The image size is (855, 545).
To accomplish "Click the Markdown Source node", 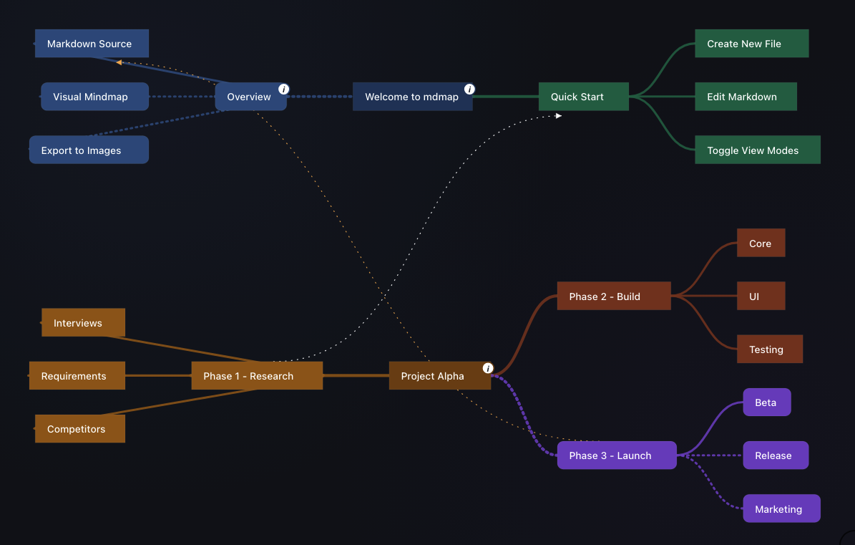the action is (x=92, y=44).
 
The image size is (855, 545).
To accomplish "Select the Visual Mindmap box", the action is (x=95, y=97).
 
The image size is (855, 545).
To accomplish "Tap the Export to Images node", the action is (x=89, y=150).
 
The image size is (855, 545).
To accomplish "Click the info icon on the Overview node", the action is (x=283, y=89).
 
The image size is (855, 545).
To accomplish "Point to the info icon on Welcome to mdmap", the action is (x=469, y=89).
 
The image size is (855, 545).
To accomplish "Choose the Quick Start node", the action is (x=583, y=97).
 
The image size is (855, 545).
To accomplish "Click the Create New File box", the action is (x=751, y=44).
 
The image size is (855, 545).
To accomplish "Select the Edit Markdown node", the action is (x=746, y=97).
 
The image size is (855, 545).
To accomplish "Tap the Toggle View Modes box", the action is (x=758, y=150).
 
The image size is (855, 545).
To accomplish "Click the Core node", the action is (x=761, y=243).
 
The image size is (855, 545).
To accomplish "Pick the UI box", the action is (x=761, y=296).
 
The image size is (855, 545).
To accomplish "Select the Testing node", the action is (x=769, y=349).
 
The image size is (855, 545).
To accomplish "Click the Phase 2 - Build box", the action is (x=614, y=296).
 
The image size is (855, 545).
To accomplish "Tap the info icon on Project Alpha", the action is (x=488, y=368).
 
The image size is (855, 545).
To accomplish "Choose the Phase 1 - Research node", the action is (x=257, y=376).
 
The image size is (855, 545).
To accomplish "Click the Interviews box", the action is (x=84, y=322).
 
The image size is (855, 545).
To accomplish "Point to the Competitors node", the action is (x=80, y=429).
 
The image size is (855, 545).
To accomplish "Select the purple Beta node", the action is (x=767, y=402).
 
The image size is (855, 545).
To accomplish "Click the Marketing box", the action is (x=781, y=508).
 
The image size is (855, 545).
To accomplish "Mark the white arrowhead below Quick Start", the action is (x=558, y=115).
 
